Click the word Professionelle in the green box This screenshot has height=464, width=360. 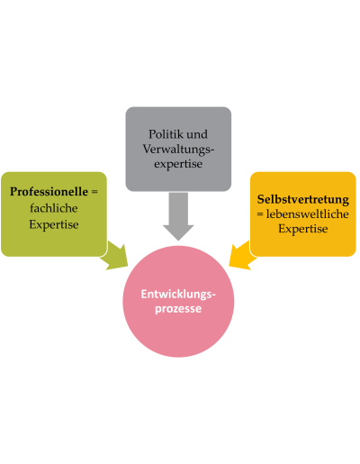[49, 192]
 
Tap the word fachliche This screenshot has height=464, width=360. [54, 208]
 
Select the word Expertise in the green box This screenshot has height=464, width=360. [54, 224]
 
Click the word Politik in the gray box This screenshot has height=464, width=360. [164, 134]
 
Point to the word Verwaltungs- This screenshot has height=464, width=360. [178, 150]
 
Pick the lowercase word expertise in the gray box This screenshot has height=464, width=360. [178, 164]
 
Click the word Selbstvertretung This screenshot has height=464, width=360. [303, 199]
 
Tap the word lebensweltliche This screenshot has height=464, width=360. [307, 214]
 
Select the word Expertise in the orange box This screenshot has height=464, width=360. [303, 229]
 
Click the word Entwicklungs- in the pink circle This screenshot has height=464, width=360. [178, 294]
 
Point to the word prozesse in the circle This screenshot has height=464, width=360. [178, 309]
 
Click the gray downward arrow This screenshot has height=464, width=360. [178, 216]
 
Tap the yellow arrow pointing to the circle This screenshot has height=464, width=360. [241, 256]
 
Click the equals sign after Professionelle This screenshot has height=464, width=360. [94, 192]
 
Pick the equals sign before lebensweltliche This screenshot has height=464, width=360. [260, 214]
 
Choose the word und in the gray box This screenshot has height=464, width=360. [195, 134]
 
